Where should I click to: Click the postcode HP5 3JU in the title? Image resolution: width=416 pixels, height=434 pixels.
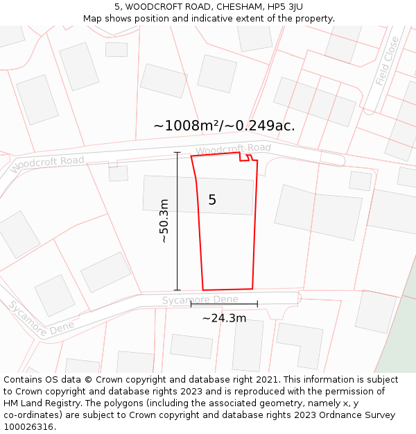point(284,7)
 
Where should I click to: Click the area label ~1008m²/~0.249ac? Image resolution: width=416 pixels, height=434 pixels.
point(224,126)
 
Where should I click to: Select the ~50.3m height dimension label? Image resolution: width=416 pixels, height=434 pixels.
point(164,221)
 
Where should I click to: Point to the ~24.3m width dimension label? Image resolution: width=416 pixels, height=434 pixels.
point(224,318)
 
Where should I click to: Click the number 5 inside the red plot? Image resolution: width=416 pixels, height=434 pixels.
point(212,200)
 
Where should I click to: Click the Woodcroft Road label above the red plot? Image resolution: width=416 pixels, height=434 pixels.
point(233,149)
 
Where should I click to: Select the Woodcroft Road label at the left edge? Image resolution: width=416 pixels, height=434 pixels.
point(47,164)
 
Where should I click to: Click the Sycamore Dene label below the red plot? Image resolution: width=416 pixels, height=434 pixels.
point(200,300)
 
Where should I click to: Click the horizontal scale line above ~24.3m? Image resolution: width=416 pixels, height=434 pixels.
point(224,303)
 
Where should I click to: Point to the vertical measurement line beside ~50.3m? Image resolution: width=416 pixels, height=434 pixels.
point(177,221)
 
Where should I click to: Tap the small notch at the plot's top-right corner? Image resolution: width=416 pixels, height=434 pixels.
point(245,157)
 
